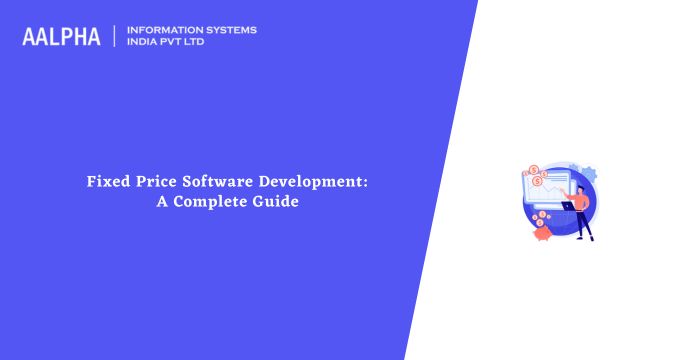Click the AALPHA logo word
pos(61,37)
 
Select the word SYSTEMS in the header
pos(231,30)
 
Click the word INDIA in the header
pos(144,43)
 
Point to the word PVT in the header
pos(177,43)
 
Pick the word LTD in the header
pos(201,43)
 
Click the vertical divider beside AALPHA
pos(116,36)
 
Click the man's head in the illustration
pos(581,187)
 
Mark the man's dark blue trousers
pos(585,225)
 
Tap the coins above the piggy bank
pos(540,215)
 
